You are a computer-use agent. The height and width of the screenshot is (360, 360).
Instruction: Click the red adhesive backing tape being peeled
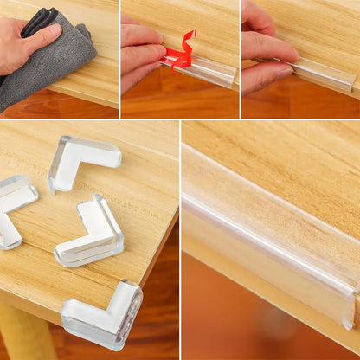pyautogui.click(x=181, y=55)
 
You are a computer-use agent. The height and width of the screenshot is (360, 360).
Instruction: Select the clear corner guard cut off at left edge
pyautogui.click(x=12, y=208)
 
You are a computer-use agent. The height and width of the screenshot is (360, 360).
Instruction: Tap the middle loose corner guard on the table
pyautogui.click(x=93, y=232)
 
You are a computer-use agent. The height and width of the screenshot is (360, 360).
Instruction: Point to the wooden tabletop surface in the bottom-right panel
pyautogui.click(x=286, y=164)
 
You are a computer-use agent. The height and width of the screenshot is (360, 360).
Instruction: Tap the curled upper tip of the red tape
pyautogui.click(x=190, y=35)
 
